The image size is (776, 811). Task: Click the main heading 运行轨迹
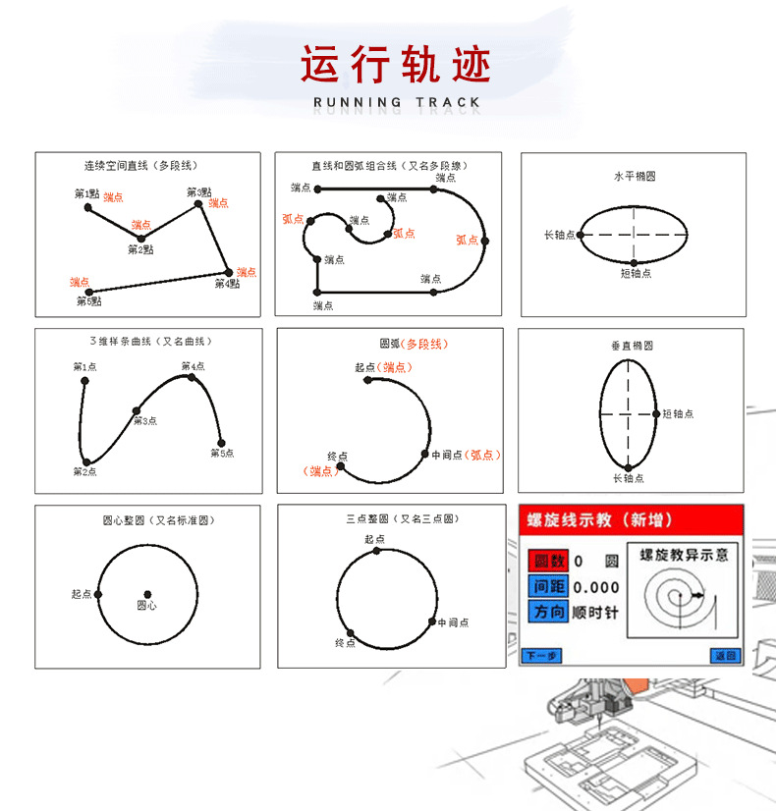pos(395,65)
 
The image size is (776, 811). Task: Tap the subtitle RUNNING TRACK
pos(397,102)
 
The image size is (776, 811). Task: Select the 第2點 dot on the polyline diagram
pos(140,239)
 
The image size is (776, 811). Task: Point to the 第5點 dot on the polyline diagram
pos(88,292)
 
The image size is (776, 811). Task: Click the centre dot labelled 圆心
pos(147,594)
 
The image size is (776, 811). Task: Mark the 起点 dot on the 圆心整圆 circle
pos(97,594)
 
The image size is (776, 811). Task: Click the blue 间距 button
pos(548,587)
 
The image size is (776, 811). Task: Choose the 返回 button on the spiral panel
pos(723,655)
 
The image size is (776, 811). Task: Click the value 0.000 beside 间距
pos(596,587)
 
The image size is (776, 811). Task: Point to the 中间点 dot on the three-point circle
pos(431,622)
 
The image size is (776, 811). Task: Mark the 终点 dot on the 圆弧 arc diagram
pos(340,467)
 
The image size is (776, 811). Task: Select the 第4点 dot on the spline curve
pos(192,376)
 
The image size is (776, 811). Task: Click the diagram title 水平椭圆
pos(634,177)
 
